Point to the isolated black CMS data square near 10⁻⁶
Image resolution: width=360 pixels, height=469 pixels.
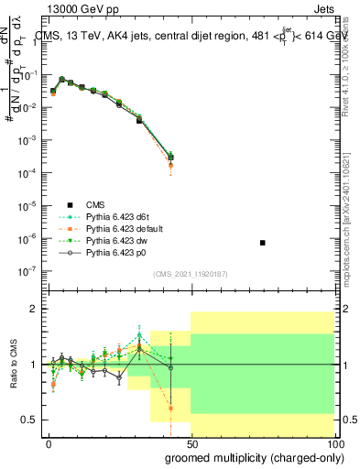[x=263, y=243]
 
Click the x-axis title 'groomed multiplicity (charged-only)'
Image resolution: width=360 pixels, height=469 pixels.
[x=254, y=456]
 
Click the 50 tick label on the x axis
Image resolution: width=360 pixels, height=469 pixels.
[x=190, y=442]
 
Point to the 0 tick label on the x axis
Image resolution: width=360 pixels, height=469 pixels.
[x=49, y=442]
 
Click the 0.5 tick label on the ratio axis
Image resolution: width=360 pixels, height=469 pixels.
[x=27, y=420]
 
